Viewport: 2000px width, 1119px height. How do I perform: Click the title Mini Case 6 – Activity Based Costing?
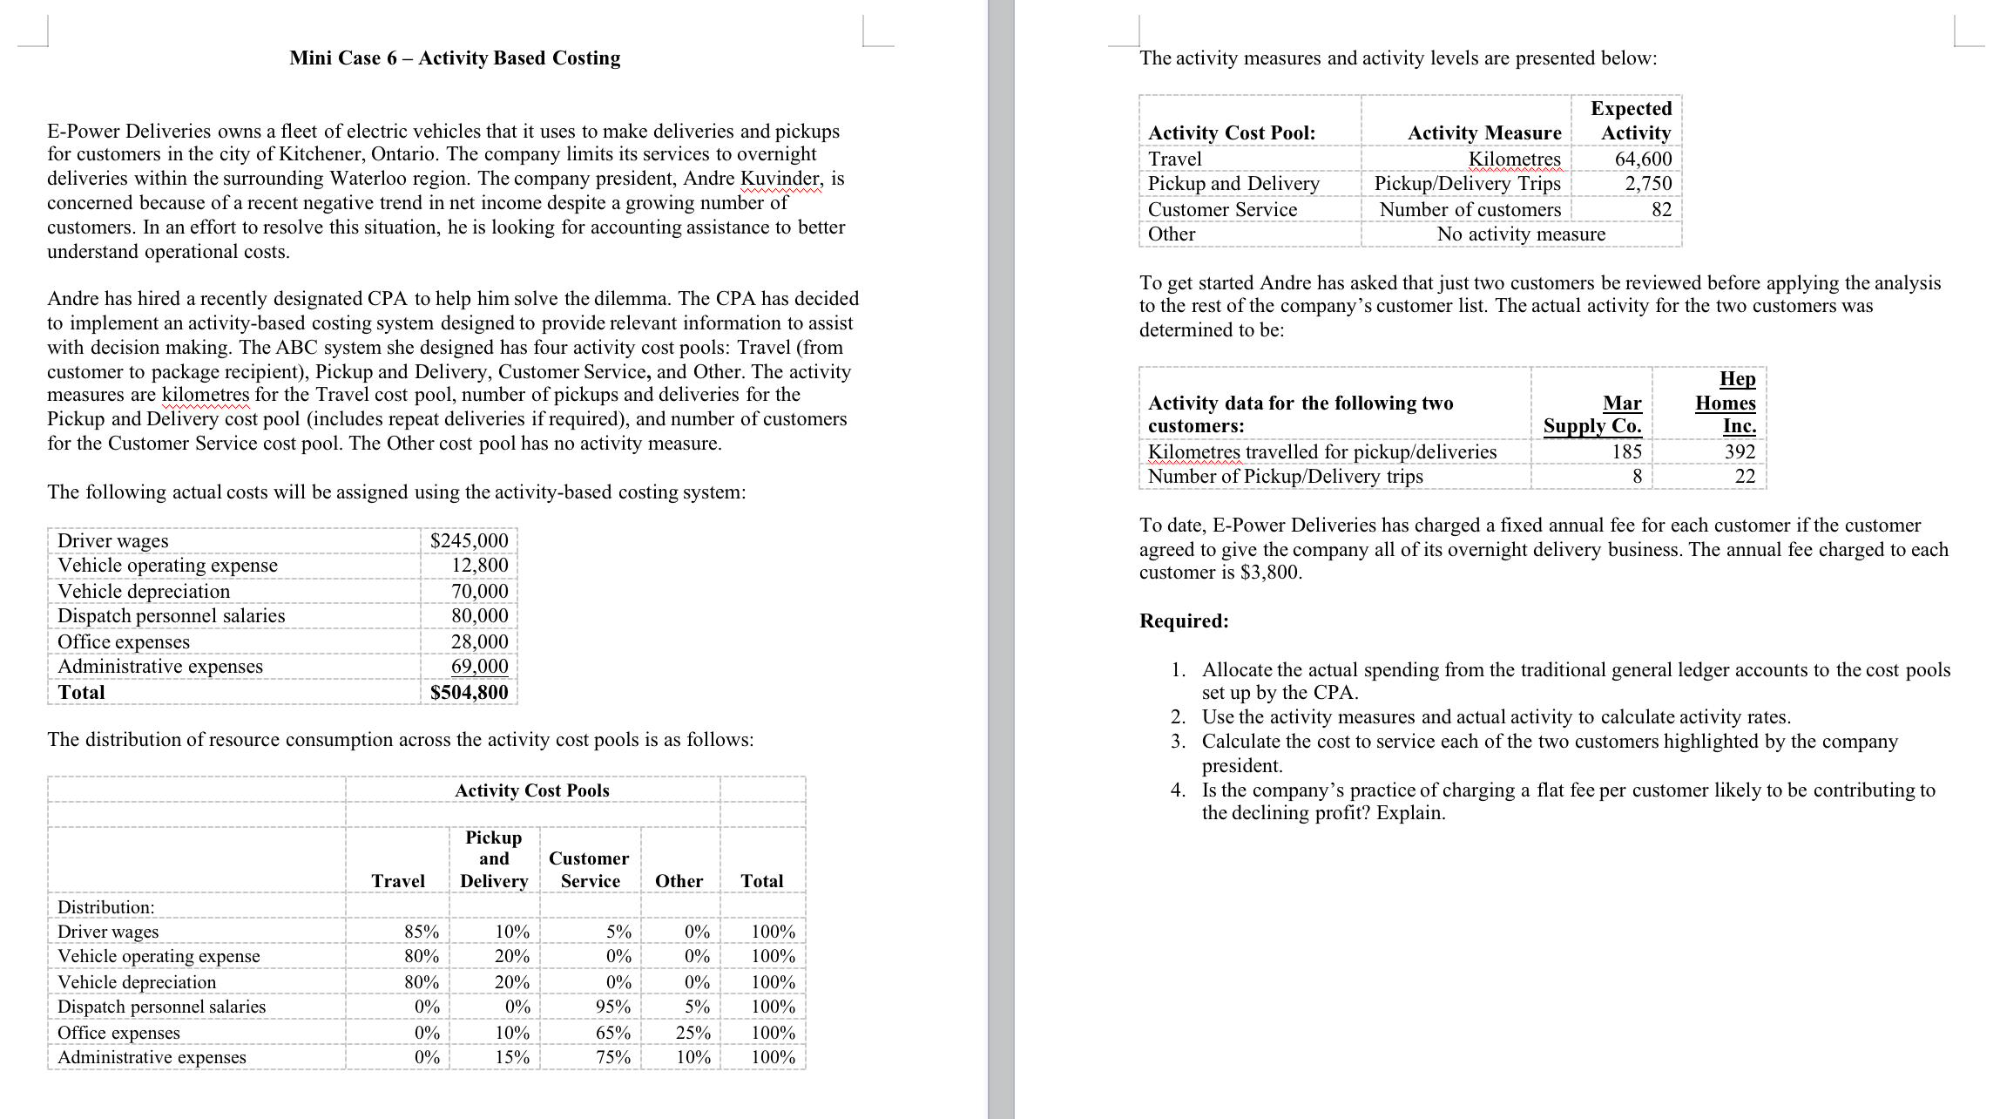tap(455, 58)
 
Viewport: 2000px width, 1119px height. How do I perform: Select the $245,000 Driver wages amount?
tap(469, 540)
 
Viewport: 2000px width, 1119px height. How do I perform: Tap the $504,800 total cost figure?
tap(469, 692)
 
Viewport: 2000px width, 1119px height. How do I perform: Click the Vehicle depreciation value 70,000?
tap(479, 591)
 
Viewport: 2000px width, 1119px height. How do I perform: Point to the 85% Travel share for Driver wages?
tap(422, 932)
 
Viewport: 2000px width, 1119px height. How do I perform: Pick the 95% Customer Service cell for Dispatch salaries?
tap(612, 1007)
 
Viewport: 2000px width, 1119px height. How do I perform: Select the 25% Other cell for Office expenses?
tap(693, 1033)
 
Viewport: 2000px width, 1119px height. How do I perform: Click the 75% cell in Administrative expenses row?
tap(612, 1057)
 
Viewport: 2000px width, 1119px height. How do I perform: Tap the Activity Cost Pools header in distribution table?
tap(531, 790)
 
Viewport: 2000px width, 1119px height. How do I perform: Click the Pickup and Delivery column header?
tap(494, 859)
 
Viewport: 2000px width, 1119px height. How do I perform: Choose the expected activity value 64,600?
tap(1643, 159)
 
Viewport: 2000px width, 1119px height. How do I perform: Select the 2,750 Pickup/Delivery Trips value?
tap(1648, 183)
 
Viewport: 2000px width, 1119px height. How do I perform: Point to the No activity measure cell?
tap(1521, 234)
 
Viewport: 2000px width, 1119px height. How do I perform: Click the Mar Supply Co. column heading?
tap(1592, 414)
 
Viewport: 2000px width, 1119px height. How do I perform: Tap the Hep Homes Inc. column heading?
tap(1725, 402)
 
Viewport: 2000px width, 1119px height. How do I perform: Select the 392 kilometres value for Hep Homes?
tap(1740, 451)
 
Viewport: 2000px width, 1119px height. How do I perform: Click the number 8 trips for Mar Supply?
tap(1637, 476)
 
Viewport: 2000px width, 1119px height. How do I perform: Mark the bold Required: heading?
tap(1184, 621)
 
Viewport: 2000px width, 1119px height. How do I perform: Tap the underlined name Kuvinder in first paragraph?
tap(780, 179)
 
